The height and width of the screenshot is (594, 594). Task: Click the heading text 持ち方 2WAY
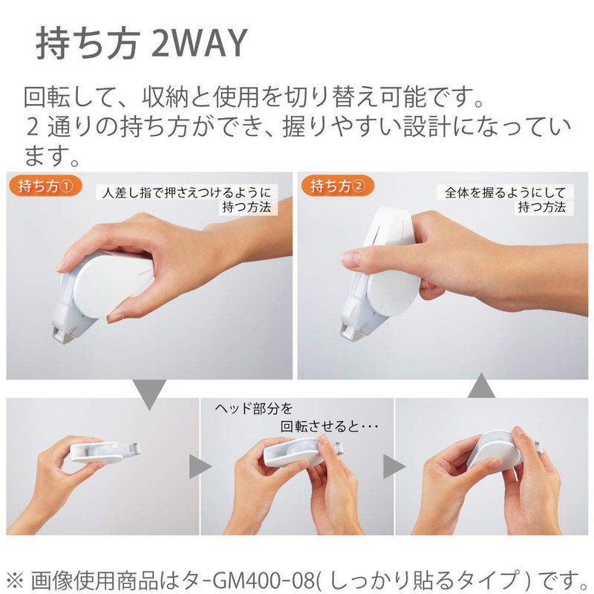tap(140, 45)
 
